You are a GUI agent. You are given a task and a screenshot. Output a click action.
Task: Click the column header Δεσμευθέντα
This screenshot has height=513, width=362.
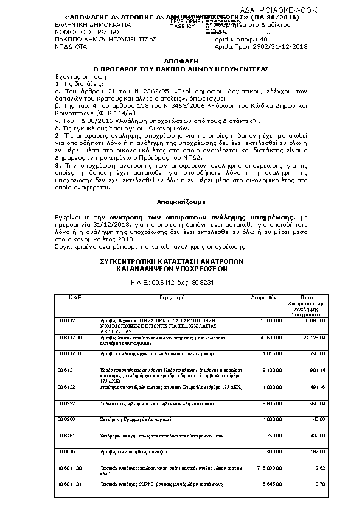pyautogui.click(x=266, y=299)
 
